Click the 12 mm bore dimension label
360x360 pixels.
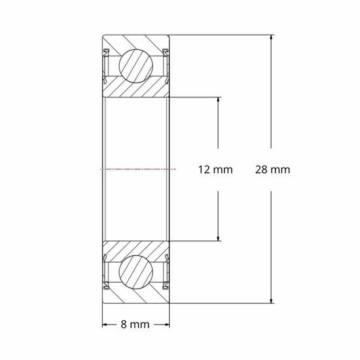pyautogui.click(x=215, y=170)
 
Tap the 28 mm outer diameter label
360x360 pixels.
pyautogui.click(x=272, y=170)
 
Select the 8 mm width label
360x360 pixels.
pyautogui.click(x=137, y=324)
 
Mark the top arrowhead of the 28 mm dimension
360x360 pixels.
pyautogui.click(x=272, y=38)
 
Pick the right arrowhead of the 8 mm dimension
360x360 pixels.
pyautogui.click(x=169, y=324)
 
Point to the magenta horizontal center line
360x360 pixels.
pyautogui.click(x=137, y=169)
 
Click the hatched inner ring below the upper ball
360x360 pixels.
pyautogui.click(x=137, y=90)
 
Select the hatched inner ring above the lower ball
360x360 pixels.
pyautogui.click(x=137, y=248)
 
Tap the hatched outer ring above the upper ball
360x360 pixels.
pyautogui.click(x=137, y=40)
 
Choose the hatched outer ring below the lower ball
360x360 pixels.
pyautogui.click(x=137, y=298)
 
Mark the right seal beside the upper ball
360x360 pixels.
pyautogui.click(x=166, y=65)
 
